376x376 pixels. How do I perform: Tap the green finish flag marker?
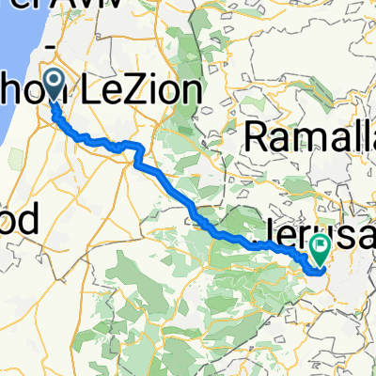point(321,249)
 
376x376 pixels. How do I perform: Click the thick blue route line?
point(160,174)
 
